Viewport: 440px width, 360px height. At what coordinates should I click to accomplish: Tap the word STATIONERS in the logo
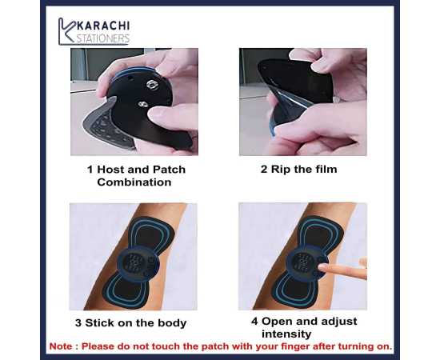pos(103,38)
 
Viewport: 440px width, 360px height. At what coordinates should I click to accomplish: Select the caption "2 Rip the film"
pos(298,169)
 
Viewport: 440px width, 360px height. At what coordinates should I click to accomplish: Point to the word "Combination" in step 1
pos(134,182)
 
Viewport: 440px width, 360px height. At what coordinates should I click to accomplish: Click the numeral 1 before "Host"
pos(90,170)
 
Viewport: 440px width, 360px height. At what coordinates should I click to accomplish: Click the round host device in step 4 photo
pos(302,262)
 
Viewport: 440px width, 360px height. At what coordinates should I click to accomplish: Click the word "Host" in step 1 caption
pos(113,170)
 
